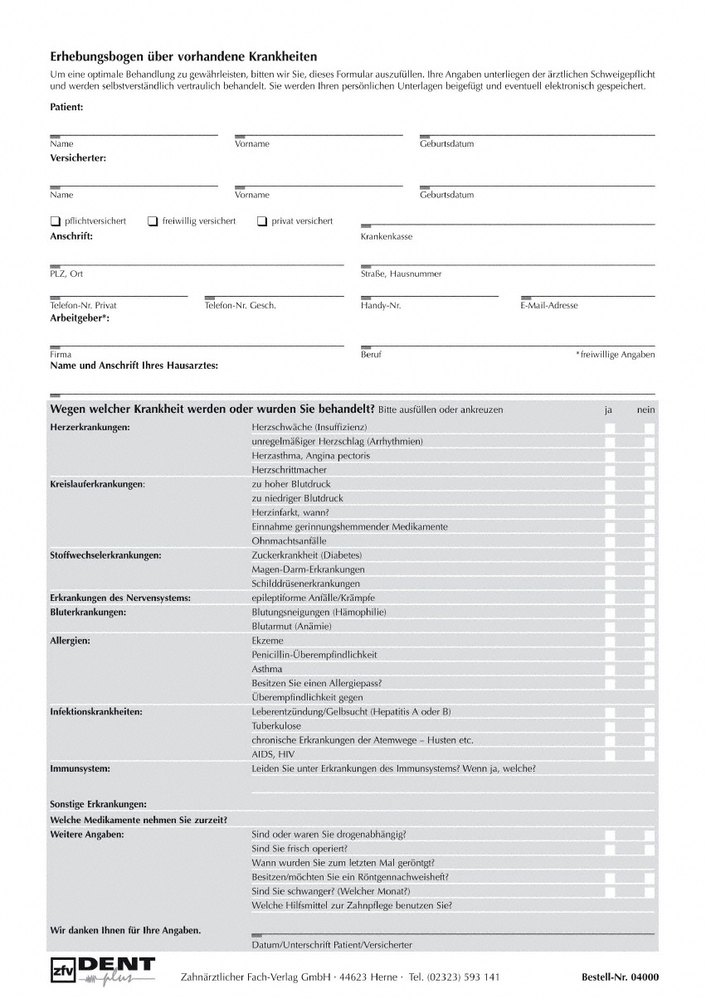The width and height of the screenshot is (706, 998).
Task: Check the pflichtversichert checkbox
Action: (x=56, y=221)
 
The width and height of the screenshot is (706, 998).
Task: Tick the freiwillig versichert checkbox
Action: (x=153, y=221)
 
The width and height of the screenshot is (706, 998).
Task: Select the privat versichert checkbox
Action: (x=262, y=221)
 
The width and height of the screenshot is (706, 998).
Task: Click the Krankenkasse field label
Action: (x=387, y=237)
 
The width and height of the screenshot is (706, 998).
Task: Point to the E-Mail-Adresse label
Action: (x=549, y=306)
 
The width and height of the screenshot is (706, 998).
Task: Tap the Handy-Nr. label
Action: (x=381, y=306)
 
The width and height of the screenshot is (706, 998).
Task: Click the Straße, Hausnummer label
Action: (x=402, y=274)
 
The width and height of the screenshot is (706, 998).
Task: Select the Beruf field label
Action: (x=371, y=355)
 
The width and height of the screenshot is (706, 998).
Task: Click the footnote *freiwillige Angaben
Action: (x=615, y=355)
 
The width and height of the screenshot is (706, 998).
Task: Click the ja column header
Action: (x=608, y=409)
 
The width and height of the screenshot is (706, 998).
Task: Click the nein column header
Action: (x=645, y=409)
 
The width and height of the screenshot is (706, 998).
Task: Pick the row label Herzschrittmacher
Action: (x=289, y=470)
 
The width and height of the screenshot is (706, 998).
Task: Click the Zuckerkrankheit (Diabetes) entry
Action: (x=307, y=555)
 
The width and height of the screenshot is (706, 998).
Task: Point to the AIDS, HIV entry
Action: (x=273, y=754)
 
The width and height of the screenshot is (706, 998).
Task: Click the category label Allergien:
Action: (x=71, y=641)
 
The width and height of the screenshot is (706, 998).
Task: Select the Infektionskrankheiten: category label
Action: (x=96, y=712)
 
